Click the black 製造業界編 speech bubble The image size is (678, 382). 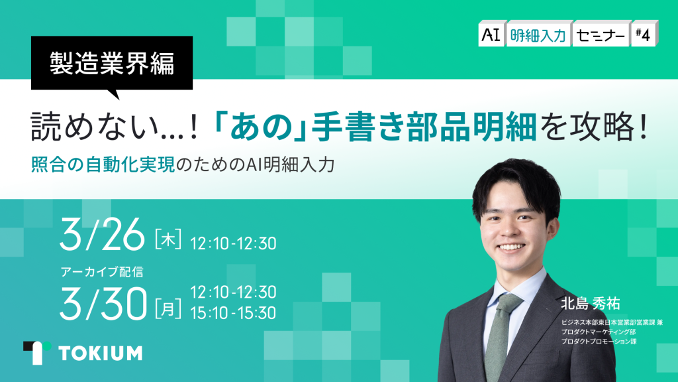[x=111, y=63]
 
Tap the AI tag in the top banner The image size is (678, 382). [x=491, y=34]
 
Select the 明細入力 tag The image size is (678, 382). [x=538, y=34]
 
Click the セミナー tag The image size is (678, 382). [x=601, y=34]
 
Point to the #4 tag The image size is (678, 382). [x=644, y=34]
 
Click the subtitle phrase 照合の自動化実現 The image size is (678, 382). [x=103, y=165]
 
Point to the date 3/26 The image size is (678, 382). [x=102, y=234]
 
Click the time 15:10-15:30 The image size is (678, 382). [x=233, y=313]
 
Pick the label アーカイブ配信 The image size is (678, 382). [x=102, y=271]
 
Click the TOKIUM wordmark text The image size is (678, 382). [x=101, y=353]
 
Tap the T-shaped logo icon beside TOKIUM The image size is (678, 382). [x=37, y=352]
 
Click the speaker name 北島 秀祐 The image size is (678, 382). [x=590, y=304]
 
